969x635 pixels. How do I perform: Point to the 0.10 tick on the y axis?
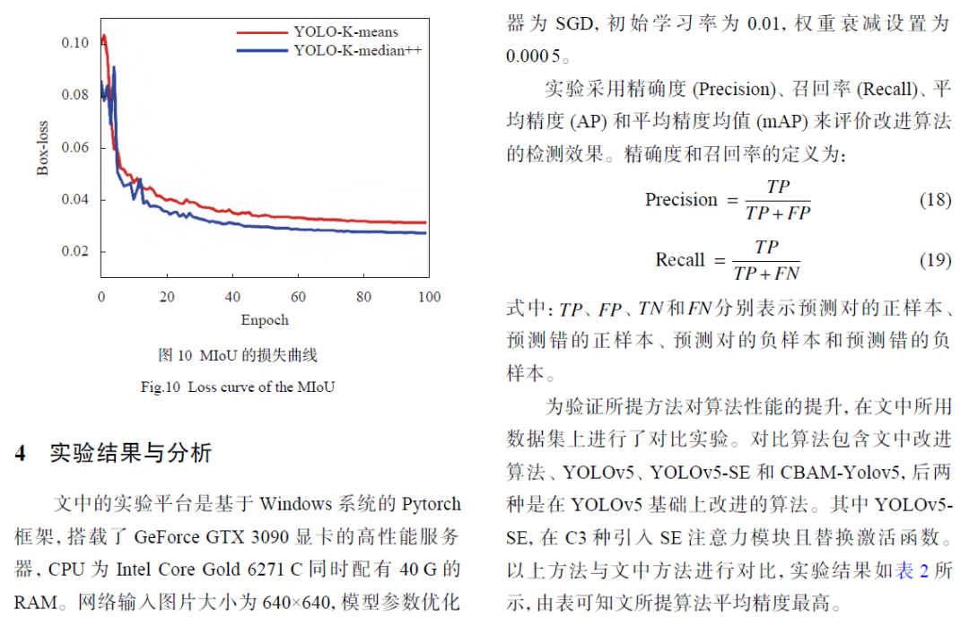74,42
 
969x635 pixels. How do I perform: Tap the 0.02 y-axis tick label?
74,251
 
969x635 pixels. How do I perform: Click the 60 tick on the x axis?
299,297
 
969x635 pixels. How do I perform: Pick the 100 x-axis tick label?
430,297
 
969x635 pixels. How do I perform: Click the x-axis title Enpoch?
265,320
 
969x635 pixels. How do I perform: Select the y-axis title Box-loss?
42,147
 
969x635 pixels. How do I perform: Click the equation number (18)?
935,199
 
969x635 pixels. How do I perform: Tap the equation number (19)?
935,260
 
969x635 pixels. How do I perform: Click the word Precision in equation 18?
681,200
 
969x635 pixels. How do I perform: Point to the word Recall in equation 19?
680,260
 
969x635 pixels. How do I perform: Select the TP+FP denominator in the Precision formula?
777,213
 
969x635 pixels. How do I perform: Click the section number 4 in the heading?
20,453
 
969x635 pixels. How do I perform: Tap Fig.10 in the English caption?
161,387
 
